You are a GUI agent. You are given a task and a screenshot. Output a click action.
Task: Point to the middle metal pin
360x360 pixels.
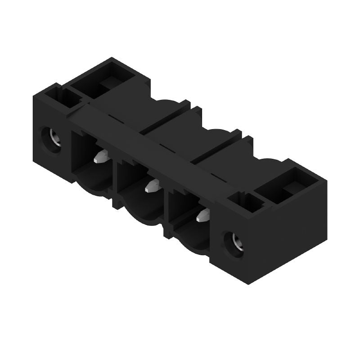pyautogui.click(x=152, y=186)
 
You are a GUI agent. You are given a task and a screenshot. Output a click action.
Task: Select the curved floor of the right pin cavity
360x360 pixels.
pyautogui.click(x=191, y=238)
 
